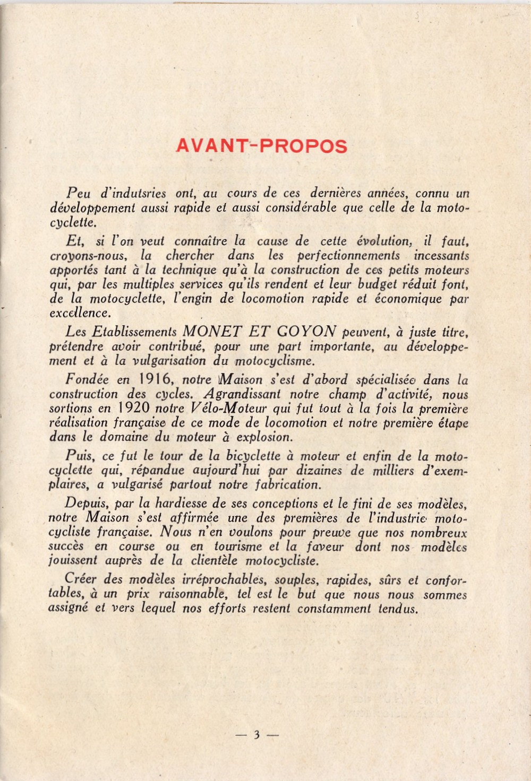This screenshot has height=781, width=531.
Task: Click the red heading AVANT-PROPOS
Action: [x=261, y=146]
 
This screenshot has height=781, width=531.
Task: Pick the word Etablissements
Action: [x=134, y=332]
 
